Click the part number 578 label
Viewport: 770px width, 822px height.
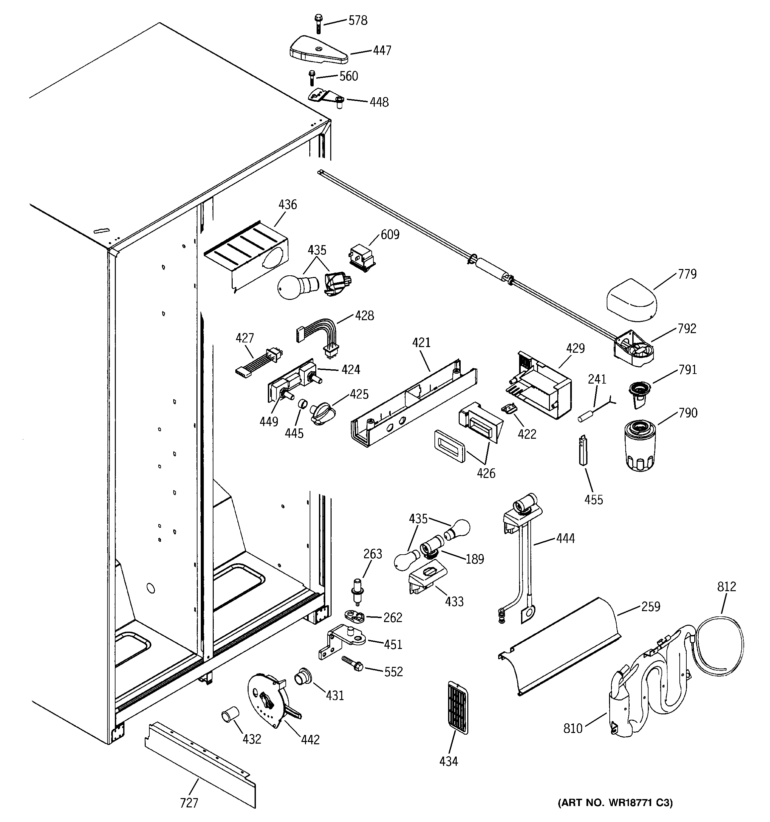click(x=357, y=21)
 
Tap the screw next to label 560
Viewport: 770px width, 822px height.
click(x=312, y=78)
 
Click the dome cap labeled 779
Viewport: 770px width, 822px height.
click(x=631, y=301)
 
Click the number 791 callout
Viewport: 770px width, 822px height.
click(x=687, y=370)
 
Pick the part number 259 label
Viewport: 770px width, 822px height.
click(x=651, y=606)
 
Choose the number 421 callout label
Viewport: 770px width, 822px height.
click(x=421, y=342)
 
